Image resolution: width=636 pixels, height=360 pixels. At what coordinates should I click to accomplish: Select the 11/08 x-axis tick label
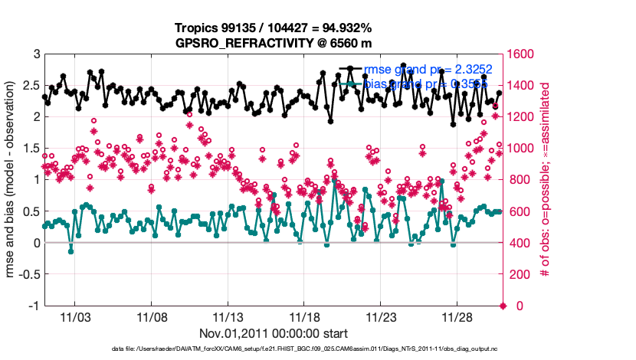[151, 316]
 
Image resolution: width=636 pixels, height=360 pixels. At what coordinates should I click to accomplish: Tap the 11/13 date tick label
[228, 316]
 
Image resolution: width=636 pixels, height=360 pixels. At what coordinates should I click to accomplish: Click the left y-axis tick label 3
[36, 54]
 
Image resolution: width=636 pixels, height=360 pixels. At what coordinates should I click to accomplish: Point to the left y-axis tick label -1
[34, 306]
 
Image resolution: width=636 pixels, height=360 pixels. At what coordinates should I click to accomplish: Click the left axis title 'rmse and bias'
[13, 180]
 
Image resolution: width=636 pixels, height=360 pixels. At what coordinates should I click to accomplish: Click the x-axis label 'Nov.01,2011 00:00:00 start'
[274, 333]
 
